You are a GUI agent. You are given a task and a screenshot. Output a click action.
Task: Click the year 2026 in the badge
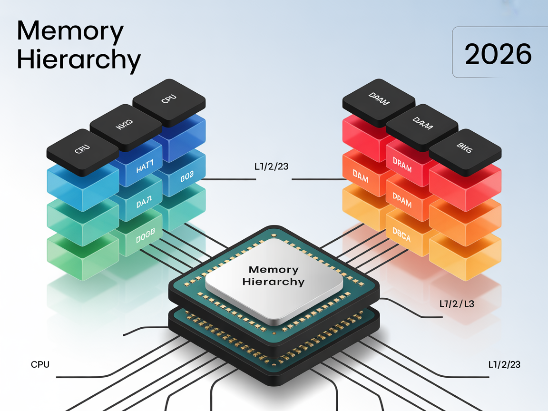(498, 54)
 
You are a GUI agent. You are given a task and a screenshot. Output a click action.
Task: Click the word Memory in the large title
(70, 32)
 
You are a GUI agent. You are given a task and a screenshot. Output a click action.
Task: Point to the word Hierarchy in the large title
(79, 60)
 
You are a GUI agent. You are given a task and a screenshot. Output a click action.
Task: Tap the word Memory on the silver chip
(274, 270)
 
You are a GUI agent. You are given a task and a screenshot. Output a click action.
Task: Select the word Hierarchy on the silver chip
(273, 282)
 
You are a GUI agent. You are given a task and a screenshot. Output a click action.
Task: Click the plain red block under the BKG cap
(465, 182)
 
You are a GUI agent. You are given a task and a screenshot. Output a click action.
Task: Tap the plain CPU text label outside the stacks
(40, 365)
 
